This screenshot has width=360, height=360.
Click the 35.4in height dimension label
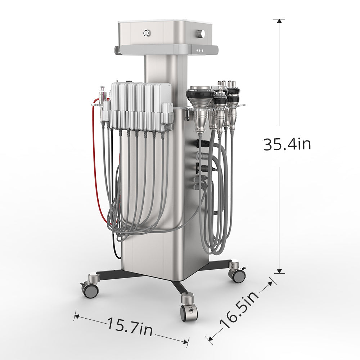click(x=287, y=144)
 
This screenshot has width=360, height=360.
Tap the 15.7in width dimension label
click(x=130, y=327)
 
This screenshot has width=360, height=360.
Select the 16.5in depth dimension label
click(x=239, y=310)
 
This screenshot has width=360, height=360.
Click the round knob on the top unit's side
click(x=201, y=33)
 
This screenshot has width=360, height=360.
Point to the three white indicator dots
click(x=200, y=50)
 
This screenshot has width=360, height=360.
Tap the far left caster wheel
click(x=90, y=291)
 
